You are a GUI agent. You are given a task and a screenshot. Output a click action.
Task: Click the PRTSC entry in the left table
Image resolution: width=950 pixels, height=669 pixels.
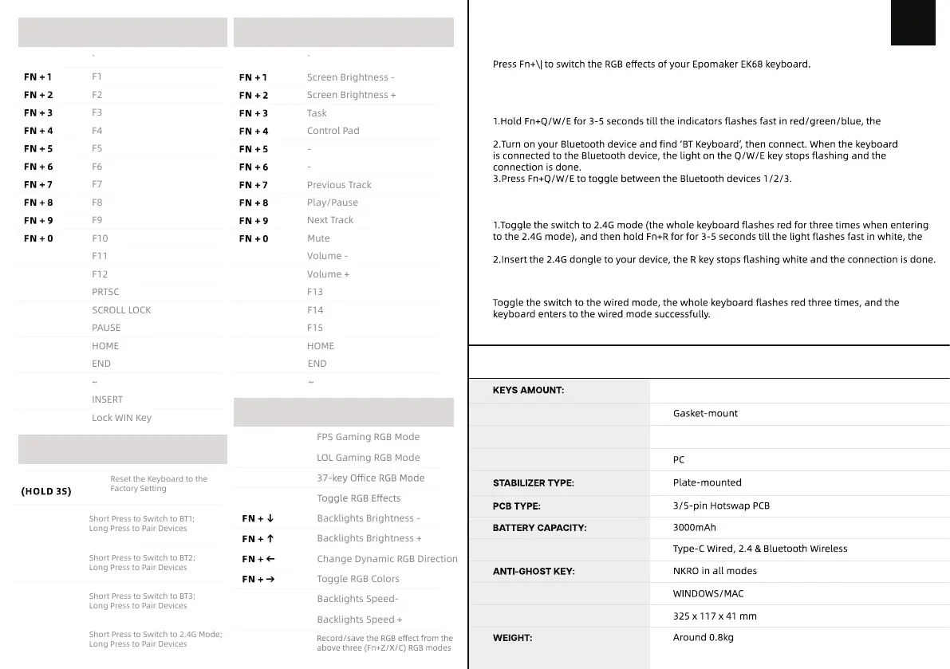[x=105, y=292]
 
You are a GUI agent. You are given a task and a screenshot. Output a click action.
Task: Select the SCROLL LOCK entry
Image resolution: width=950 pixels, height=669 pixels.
[x=121, y=310]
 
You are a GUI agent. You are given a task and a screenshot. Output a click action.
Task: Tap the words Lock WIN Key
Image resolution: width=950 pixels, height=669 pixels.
[x=121, y=418]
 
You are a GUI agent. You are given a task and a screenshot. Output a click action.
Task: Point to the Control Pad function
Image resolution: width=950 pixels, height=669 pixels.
[x=333, y=131]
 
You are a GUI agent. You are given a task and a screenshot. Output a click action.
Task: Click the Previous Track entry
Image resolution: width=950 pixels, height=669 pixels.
[x=339, y=185]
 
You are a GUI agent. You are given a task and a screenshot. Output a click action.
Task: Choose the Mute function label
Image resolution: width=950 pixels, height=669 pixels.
[x=318, y=238]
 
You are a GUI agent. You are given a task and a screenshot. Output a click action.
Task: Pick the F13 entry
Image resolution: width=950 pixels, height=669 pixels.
[x=315, y=292]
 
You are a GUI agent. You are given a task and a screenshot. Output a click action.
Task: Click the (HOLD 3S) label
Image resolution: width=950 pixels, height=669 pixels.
[x=46, y=491]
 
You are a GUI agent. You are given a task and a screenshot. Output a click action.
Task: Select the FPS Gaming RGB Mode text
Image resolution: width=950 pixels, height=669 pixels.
[x=368, y=437]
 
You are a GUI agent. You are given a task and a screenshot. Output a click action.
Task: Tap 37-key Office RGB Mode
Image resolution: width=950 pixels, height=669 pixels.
[x=370, y=478]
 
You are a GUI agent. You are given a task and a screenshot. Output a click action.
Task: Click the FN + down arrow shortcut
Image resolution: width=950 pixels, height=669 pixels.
[x=258, y=518]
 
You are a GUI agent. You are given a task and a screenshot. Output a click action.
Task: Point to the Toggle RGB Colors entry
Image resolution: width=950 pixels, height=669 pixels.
[x=357, y=579]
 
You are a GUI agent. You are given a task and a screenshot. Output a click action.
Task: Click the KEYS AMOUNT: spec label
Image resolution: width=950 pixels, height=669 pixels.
[x=528, y=391]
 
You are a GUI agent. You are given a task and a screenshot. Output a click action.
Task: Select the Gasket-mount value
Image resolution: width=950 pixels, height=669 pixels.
[x=705, y=413]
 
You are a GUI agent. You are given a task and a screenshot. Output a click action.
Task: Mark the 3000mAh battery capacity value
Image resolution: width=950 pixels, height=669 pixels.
[x=694, y=527]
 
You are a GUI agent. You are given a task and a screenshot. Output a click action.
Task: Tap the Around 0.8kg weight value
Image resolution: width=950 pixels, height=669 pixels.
[x=703, y=637]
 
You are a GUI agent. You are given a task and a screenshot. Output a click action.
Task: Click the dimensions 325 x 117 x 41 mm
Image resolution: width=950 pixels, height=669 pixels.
[x=715, y=616]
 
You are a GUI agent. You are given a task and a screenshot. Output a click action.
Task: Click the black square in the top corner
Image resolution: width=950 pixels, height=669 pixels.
[x=913, y=22]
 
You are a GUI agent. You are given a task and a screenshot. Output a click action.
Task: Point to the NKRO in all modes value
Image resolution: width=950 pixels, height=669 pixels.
[x=715, y=571]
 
